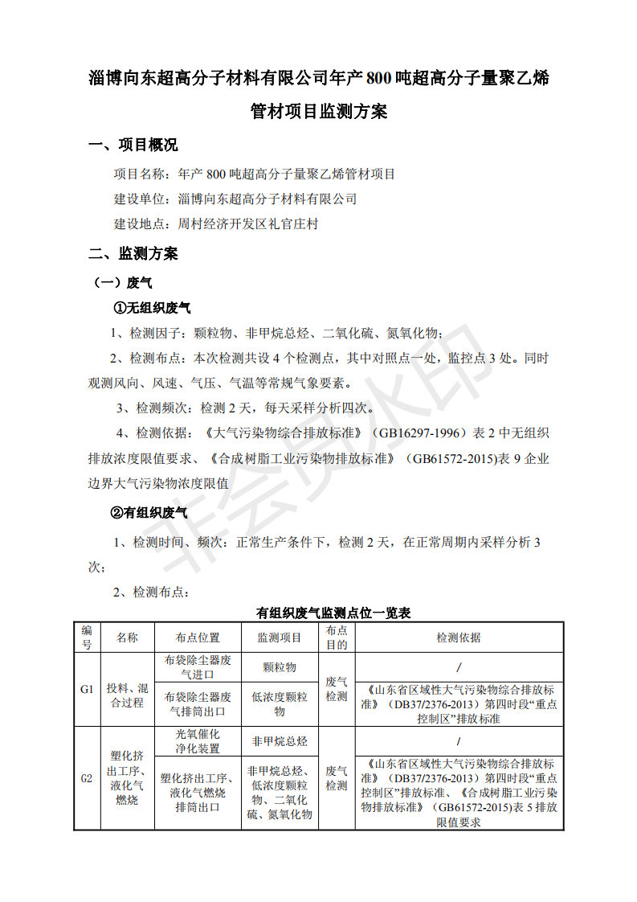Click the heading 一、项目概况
133,146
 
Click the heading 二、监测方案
133,254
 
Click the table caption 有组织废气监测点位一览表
333,613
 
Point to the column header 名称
127,638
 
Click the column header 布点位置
198,638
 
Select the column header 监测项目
279,638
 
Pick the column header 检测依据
459,638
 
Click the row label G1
87,690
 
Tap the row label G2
87,778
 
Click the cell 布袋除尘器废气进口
198,667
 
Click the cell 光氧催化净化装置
198,741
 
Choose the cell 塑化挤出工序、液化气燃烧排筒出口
198,793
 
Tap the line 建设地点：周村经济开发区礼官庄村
215,224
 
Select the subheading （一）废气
124,283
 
